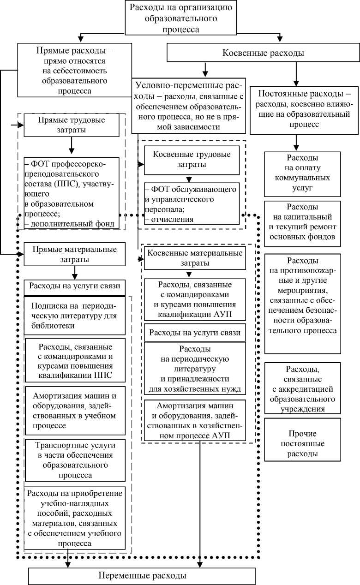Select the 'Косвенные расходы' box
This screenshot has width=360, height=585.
point(263,53)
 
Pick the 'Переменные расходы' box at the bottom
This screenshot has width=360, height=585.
point(143,575)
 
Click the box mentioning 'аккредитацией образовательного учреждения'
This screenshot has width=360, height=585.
point(302,388)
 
